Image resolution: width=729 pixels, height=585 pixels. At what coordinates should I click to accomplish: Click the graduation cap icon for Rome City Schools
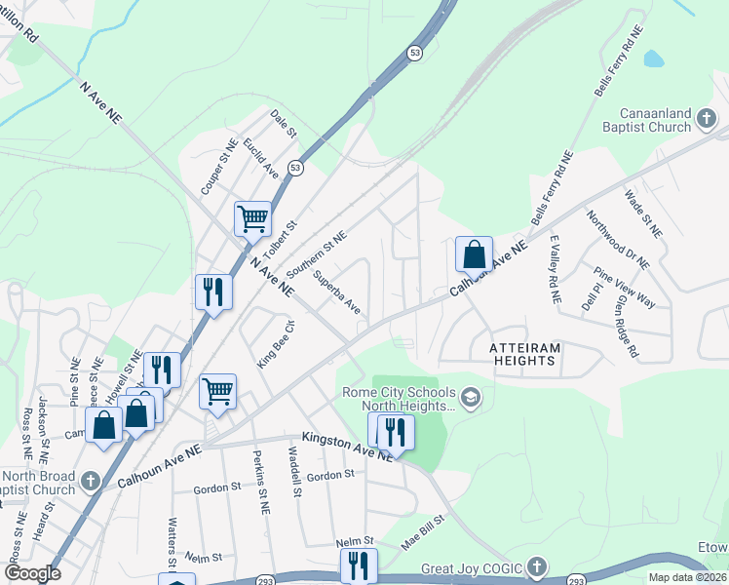(471, 398)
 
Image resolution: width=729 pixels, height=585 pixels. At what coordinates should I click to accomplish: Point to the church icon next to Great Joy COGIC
(536, 567)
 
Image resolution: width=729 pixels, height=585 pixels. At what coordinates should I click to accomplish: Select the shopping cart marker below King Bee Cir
(218, 391)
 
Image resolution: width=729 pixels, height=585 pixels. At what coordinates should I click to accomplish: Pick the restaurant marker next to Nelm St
(359, 565)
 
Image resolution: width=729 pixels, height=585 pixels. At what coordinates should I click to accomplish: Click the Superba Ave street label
(336, 292)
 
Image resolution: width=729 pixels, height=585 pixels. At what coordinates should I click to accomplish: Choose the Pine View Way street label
(624, 287)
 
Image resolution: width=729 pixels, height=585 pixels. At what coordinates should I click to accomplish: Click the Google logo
(32, 573)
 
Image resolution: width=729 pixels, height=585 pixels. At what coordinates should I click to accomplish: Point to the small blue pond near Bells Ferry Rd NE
(653, 58)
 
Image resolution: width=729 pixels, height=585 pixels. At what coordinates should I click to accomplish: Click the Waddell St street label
(294, 472)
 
